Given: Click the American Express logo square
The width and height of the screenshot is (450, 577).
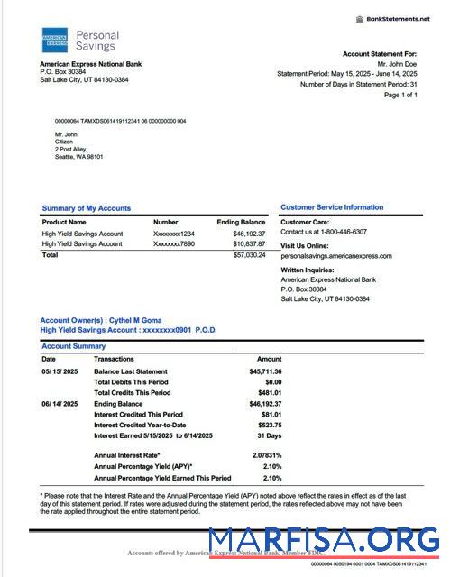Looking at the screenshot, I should click(x=54, y=41).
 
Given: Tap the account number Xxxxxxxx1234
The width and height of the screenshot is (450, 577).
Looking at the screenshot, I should click(x=174, y=234).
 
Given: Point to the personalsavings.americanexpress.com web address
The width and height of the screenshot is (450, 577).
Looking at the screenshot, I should click(x=336, y=256).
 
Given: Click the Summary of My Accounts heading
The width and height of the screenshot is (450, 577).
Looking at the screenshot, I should click(x=87, y=208).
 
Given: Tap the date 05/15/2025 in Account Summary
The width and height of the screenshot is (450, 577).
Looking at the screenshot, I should click(x=60, y=371).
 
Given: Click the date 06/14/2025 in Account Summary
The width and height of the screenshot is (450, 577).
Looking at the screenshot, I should click(x=60, y=404).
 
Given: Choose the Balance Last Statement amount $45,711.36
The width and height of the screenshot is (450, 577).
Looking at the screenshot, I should click(x=265, y=371).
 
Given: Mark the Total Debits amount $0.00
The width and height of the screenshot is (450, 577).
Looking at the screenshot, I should click(x=271, y=382).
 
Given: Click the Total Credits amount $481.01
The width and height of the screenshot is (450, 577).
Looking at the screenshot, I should click(x=269, y=393).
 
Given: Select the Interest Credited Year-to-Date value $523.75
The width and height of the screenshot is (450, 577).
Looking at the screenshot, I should click(x=269, y=425).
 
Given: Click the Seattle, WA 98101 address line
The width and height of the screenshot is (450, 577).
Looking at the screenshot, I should click(x=79, y=157).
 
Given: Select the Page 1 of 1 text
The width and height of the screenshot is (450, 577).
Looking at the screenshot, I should click(x=400, y=95).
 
